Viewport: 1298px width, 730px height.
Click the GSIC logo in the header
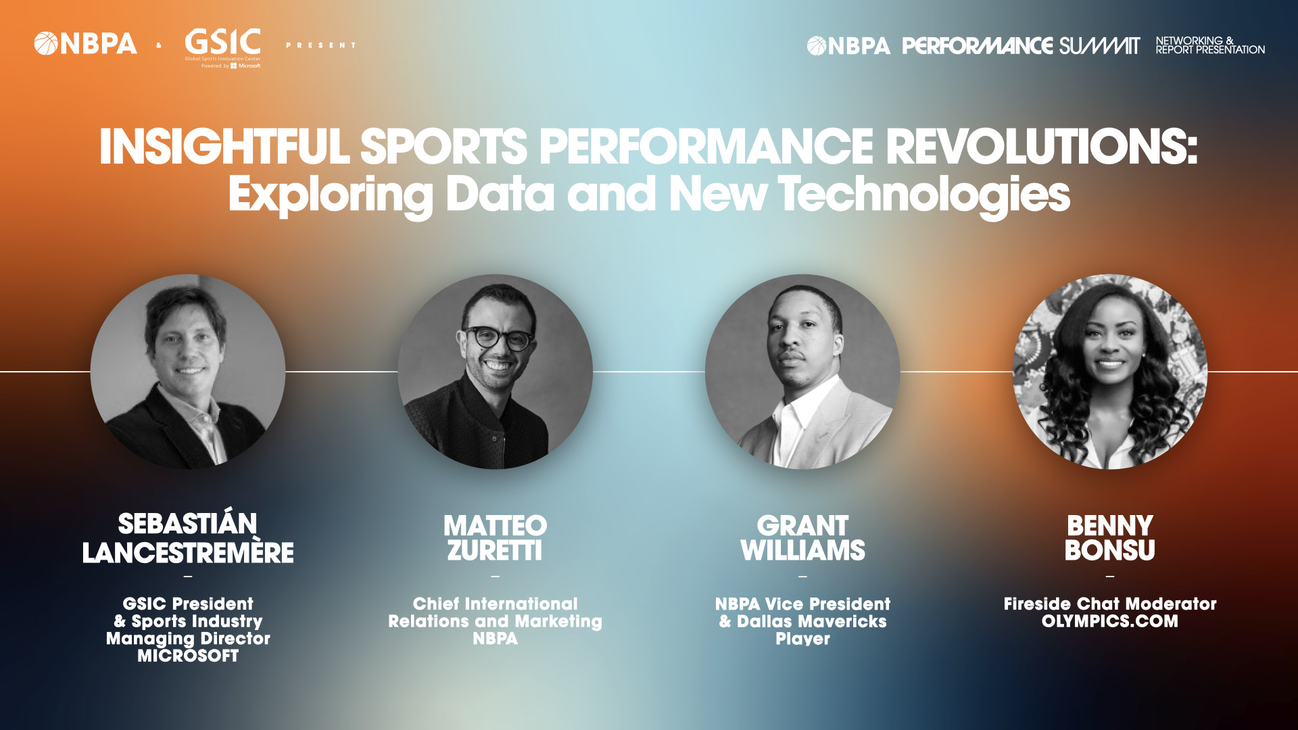(222, 47)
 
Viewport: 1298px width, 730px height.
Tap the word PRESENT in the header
(320, 45)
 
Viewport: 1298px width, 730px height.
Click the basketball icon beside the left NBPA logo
(46, 44)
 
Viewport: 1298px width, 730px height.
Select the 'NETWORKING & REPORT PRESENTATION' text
(1210, 45)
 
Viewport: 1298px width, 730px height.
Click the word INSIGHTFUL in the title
(224, 147)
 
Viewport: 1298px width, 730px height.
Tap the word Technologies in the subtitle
(924, 195)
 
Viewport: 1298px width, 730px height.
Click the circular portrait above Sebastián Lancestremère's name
(188, 372)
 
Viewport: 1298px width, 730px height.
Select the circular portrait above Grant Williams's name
(802, 372)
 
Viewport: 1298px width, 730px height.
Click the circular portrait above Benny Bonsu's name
(1110, 372)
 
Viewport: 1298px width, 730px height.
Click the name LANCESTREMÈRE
(188, 552)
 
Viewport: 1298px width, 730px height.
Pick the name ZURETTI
(495, 551)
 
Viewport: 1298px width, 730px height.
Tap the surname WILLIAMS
(802, 551)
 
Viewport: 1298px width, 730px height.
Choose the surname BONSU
(1110, 551)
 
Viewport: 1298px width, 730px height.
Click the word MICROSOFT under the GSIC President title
(188, 656)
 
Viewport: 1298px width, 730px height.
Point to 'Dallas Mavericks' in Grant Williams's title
(811, 621)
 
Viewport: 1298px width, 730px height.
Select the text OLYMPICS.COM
(1110, 621)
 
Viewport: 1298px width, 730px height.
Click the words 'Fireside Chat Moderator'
(1110, 604)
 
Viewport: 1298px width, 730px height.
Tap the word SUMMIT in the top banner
(1099, 46)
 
